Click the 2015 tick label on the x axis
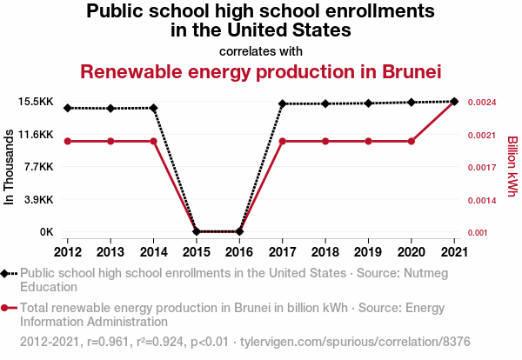(x=197, y=252)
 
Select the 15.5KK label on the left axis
(x=35, y=102)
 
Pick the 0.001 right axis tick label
(x=478, y=232)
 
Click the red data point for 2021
(x=454, y=102)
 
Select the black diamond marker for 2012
(x=68, y=108)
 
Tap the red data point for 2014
(x=154, y=141)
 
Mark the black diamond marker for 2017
(x=283, y=103)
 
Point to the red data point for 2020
(x=412, y=141)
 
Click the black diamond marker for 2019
(x=368, y=103)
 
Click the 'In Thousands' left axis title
(x=10, y=167)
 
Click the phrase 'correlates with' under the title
(x=261, y=50)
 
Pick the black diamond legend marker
(x=7, y=273)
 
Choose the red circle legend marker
(x=7, y=308)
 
